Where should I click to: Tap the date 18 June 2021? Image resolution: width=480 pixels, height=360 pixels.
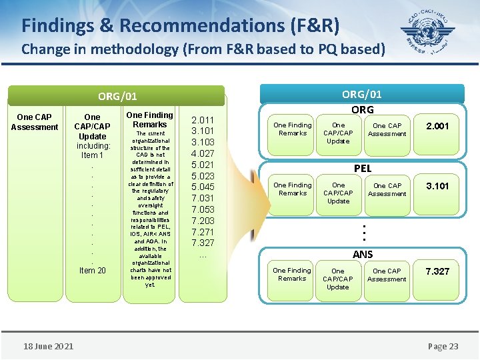(48, 345)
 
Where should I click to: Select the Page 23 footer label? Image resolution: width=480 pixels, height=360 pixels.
(443, 346)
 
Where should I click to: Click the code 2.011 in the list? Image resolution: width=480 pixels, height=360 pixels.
(203, 119)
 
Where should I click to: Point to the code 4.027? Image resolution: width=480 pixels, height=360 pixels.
(203, 153)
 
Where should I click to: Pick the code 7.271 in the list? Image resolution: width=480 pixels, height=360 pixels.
(203, 232)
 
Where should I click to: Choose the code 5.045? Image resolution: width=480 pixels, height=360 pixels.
(203, 187)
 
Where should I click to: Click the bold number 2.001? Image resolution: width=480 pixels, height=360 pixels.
(437, 125)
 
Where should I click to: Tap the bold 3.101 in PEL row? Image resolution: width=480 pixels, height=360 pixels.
(437, 186)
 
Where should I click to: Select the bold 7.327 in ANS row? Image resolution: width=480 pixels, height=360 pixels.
(437, 271)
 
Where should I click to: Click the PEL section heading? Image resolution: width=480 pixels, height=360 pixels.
(362, 169)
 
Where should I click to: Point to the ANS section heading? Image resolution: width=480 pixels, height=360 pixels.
(362, 254)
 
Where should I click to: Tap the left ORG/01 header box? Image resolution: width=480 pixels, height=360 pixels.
(117, 97)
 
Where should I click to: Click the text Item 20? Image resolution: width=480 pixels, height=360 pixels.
(92, 270)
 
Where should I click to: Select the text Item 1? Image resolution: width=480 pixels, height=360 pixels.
(92, 155)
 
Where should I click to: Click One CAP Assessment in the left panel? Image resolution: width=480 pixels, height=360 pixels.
(35, 122)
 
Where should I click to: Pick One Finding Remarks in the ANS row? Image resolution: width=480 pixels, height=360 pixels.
(292, 275)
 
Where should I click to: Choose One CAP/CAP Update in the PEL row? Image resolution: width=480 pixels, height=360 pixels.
(338, 193)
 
